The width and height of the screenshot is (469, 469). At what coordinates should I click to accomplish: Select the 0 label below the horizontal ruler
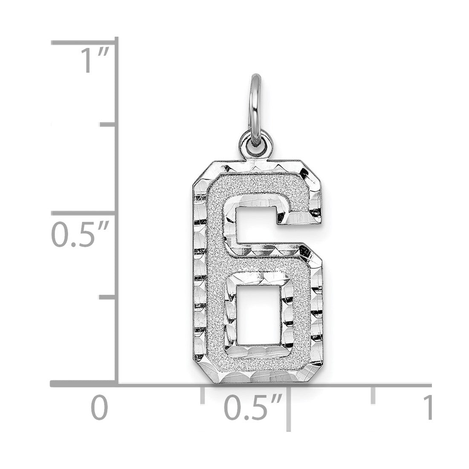point(99,407)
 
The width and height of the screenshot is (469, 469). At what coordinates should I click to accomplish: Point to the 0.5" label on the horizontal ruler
point(254,407)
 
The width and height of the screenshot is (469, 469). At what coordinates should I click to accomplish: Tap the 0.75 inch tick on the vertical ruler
point(108,124)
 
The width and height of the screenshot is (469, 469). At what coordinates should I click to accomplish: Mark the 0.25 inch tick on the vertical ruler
point(108,297)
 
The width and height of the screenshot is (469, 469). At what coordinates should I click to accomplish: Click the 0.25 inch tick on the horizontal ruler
point(203,395)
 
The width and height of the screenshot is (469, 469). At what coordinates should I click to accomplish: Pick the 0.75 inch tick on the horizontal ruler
point(373,395)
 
